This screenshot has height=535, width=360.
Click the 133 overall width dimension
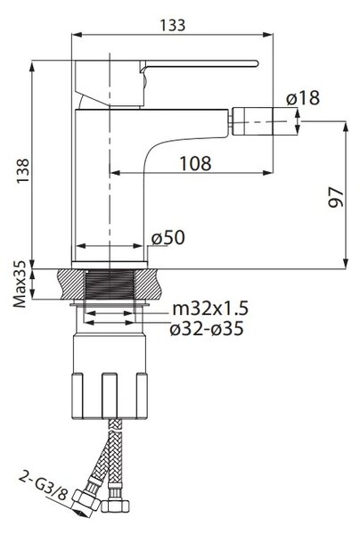(173, 25)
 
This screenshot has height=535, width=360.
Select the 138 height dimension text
(23, 171)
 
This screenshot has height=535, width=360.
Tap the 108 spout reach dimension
(195, 163)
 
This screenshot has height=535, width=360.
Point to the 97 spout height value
(336, 197)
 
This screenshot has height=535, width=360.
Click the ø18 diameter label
(303, 98)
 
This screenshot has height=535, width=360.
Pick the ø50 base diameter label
(168, 237)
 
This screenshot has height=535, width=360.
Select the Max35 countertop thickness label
(20, 284)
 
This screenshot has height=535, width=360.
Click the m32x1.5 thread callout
(210, 309)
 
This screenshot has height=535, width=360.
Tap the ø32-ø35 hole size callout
(207, 329)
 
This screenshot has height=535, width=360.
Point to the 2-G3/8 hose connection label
(44, 485)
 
